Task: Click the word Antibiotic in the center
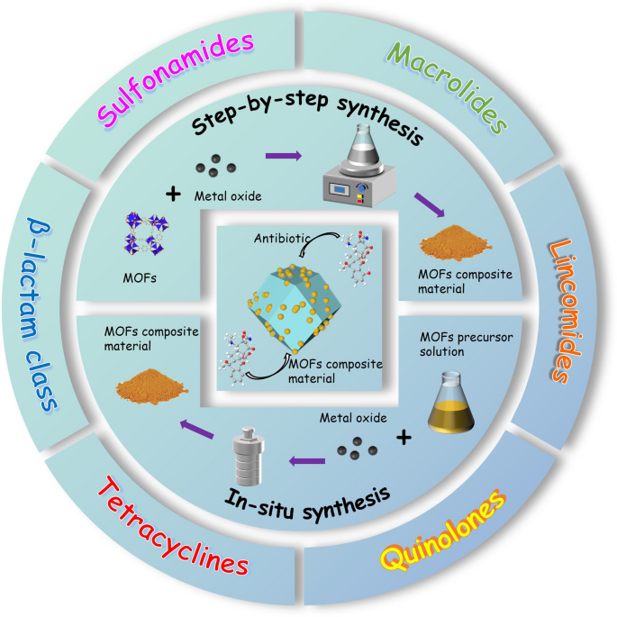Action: tap(280, 238)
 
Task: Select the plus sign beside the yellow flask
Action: tap(404, 438)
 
